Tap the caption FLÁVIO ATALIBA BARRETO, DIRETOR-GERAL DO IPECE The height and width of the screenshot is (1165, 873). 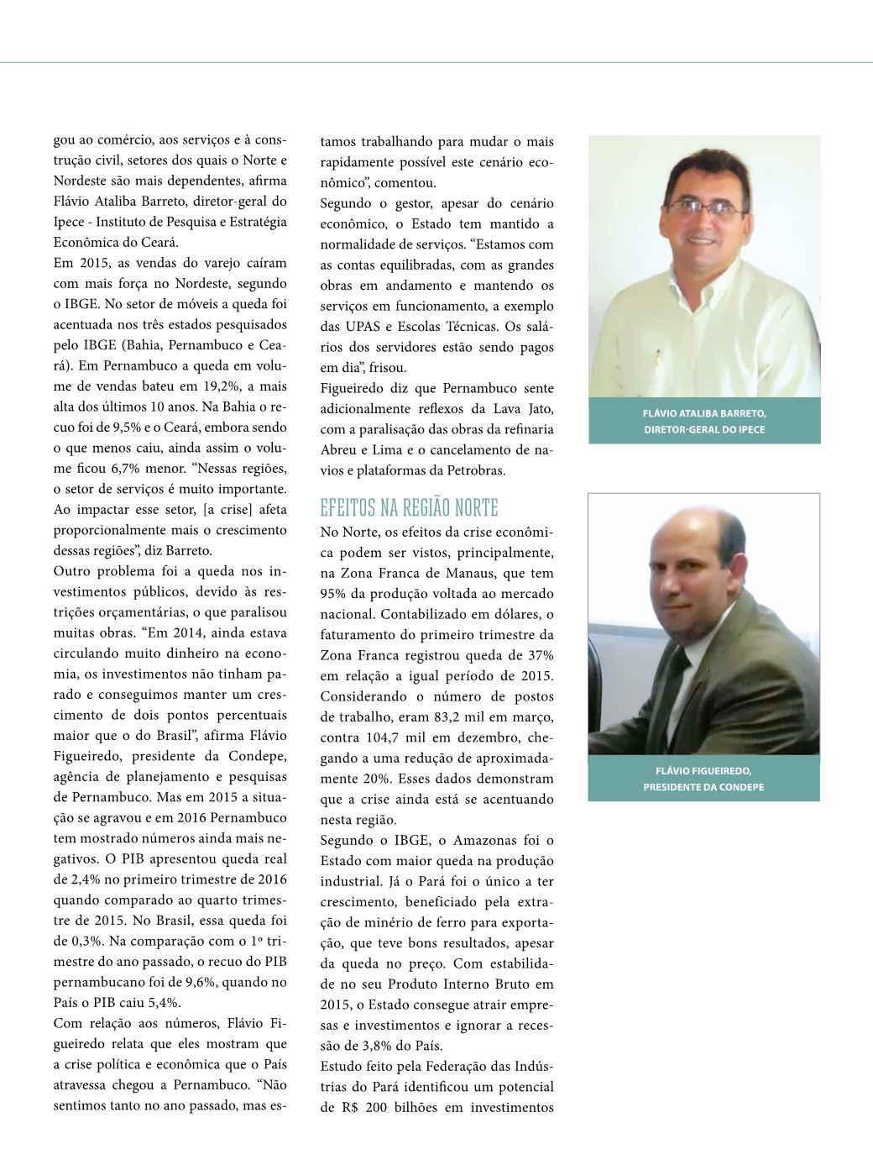[x=703, y=421]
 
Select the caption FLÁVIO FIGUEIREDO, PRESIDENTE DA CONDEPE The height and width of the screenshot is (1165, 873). [x=703, y=779]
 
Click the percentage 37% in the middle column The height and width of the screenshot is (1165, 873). [x=538, y=655]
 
